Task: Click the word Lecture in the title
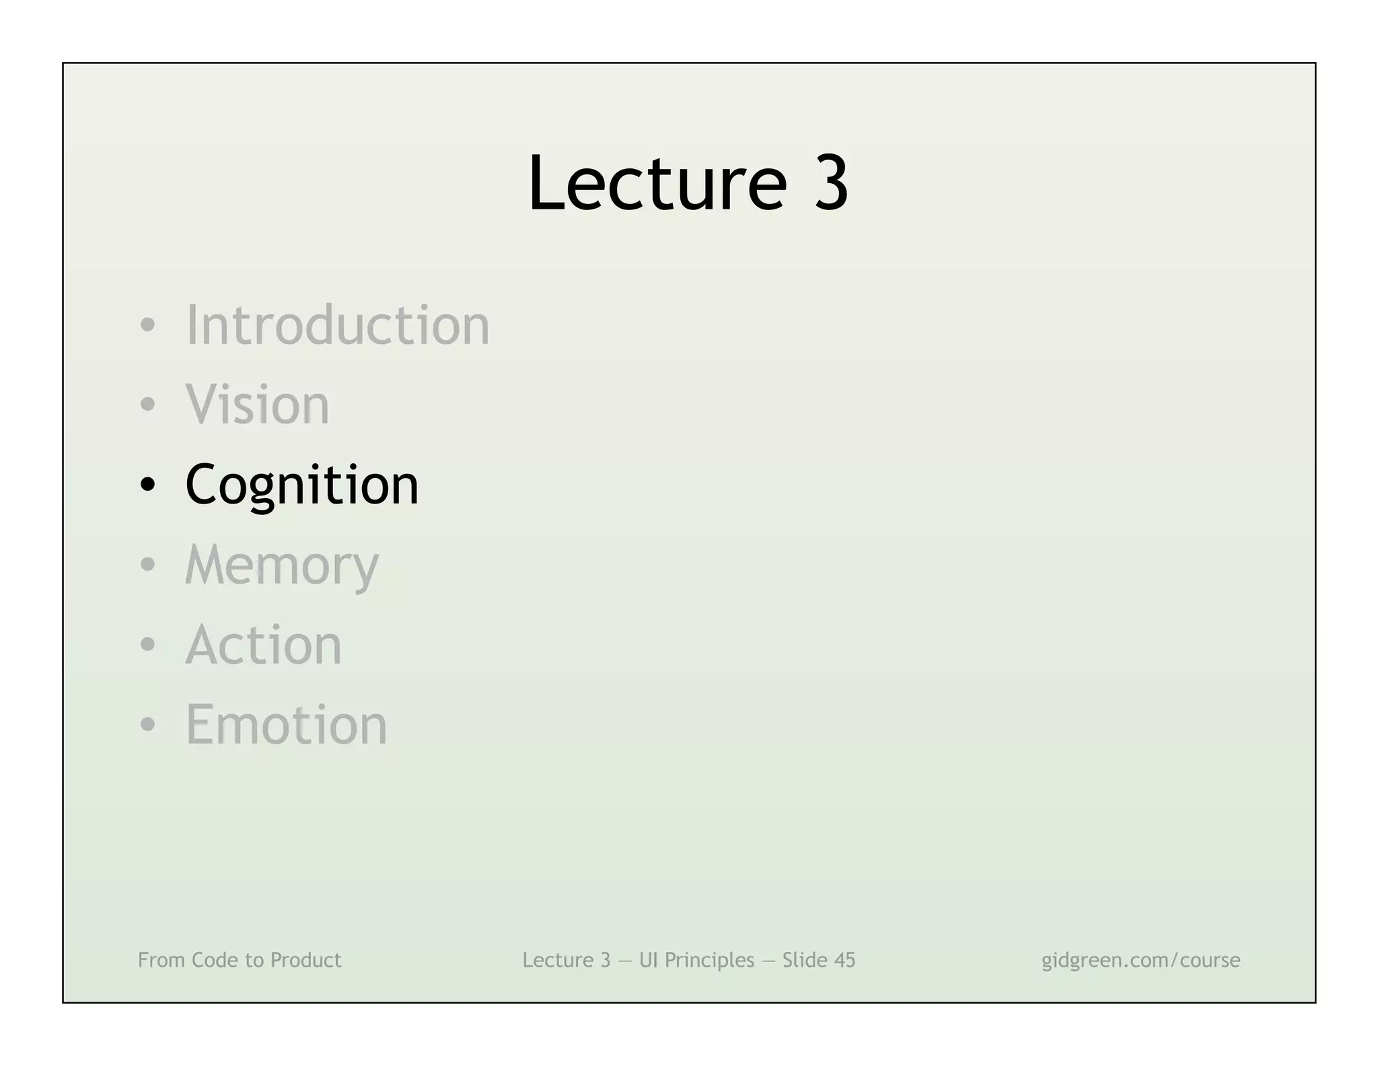tap(657, 183)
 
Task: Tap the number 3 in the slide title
tap(831, 183)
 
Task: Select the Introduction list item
tap(337, 325)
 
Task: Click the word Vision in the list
tap(257, 405)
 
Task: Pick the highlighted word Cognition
tap(301, 485)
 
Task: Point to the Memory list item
tap(282, 565)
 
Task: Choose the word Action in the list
tap(263, 645)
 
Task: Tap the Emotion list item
tap(286, 724)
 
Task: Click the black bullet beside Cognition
tap(147, 485)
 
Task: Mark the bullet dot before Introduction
tap(147, 326)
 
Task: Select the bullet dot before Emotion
tap(147, 725)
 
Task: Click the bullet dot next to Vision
tap(147, 405)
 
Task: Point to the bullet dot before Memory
tap(147, 565)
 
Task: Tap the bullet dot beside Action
tap(147, 645)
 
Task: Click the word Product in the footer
tap(305, 960)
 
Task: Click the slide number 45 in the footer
tap(844, 960)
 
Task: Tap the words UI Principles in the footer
tap(696, 960)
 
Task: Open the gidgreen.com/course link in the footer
tap(1140, 960)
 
